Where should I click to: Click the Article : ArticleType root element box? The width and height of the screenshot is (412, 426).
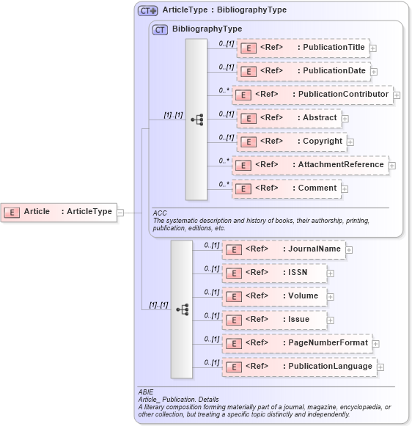point(59,212)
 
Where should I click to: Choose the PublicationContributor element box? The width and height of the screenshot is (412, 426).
point(312,95)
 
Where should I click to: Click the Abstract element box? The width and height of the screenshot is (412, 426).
point(288,118)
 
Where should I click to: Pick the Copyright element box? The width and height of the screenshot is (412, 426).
point(291,142)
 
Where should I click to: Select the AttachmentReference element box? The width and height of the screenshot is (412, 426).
point(310,165)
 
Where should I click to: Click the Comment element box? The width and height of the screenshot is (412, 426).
point(288,188)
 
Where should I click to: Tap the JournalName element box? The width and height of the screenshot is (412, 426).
point(283,249)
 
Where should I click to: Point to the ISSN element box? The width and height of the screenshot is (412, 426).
point(273,273)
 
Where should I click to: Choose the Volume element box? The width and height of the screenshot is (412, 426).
point(273,296)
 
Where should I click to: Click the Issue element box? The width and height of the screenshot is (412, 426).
point(273,320)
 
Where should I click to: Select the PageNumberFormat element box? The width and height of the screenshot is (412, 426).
point(296,343)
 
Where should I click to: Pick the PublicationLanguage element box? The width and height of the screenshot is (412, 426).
point(298,367)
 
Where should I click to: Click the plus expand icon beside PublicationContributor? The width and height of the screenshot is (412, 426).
point(397,95)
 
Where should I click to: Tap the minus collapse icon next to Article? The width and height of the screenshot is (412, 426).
point(120,213)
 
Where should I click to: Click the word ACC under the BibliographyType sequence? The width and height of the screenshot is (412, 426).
point(160,213)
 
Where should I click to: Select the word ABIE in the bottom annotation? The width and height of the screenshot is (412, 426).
point(146,392)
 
